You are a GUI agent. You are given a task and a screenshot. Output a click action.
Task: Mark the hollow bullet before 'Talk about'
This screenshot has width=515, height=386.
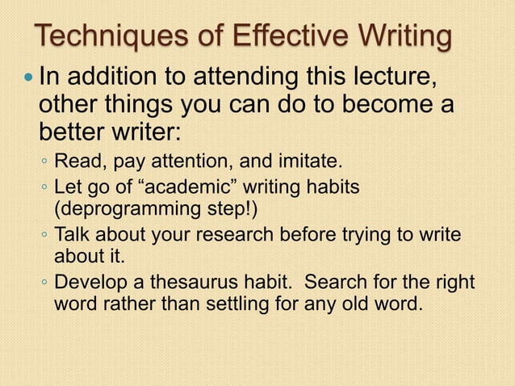tap(45, 236)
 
